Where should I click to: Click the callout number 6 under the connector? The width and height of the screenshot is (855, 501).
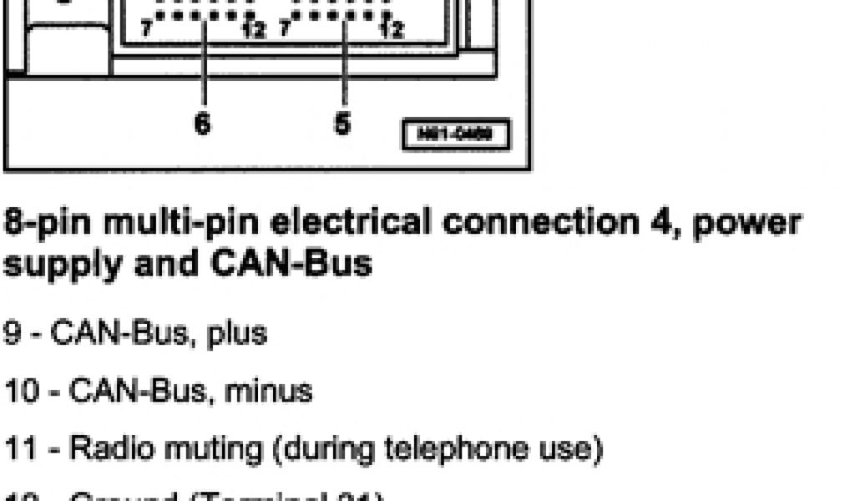pyautogui.click(x=203, y=124)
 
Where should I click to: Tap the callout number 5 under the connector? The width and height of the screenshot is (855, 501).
pyautogui.click(x=342, y=124)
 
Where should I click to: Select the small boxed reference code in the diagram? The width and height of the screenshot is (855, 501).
pyautogui.click(x=455, y=135)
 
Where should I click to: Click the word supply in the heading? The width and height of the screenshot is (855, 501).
pyautogui.click(x=54, y=266)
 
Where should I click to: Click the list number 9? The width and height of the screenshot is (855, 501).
pyautogui.click(x=13, y=333)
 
